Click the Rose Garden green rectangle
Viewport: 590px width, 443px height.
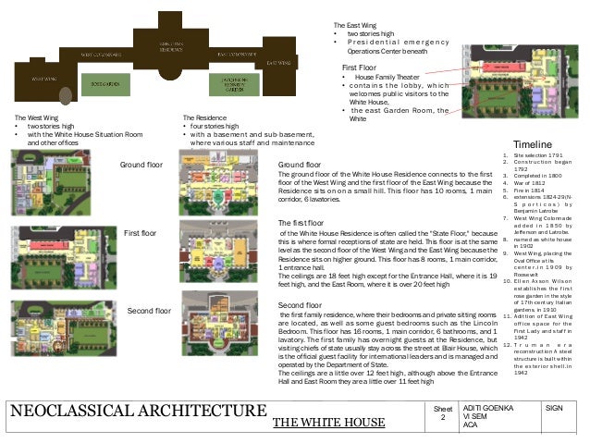coord(104,82)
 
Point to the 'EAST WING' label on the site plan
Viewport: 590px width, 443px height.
coord(277,62)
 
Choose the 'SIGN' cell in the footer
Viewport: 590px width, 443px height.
coord(555,407)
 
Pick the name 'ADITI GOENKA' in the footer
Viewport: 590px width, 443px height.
coord(486,407)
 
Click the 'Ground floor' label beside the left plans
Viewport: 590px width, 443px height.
coord(141,165)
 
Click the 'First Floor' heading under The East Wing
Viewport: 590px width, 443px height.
coord(361,68)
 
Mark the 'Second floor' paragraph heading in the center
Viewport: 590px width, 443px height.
coord(299,304)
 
